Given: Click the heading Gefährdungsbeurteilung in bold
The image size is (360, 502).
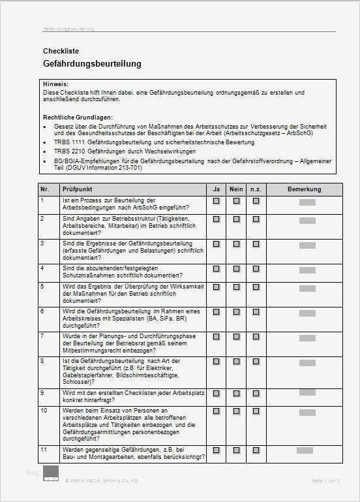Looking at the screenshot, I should [91, 64].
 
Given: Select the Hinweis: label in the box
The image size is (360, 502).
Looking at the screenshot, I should [55, 85].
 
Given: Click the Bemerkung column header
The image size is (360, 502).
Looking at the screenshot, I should [305, 189].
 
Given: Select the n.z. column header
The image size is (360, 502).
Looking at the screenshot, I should [256, 189].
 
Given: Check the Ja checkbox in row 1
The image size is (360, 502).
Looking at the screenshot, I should [216, 201].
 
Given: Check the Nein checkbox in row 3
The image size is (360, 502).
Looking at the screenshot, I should [236, 243].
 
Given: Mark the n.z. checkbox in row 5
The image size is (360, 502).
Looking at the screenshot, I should [256, 287].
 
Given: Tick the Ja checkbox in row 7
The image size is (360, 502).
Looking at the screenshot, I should [216, 336].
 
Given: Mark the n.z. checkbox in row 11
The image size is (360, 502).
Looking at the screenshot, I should [256, 450].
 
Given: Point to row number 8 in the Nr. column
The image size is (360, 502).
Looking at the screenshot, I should [43, 360].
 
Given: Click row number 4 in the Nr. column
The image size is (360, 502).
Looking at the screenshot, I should [43, 268].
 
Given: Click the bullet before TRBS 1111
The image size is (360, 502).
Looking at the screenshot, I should [44, 141].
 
